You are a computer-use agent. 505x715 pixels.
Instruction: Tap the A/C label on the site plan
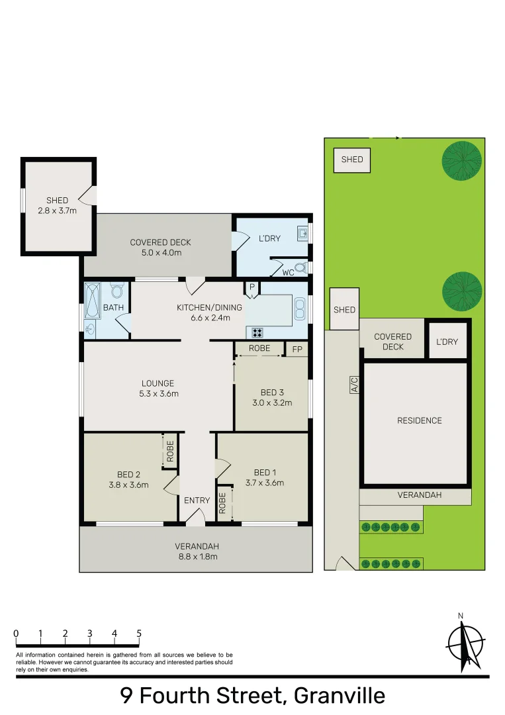click(x=354, y=384)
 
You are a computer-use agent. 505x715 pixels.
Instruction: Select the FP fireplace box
click(x=297, y=348)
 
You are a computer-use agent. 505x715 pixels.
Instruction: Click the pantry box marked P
click(x=252, y=287)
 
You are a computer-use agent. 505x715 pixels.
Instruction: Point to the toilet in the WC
click(x=301, y=268)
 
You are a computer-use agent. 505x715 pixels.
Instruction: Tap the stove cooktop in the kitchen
click(x=257, y=333)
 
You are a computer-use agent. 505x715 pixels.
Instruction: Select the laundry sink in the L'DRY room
click(x=302, y=233)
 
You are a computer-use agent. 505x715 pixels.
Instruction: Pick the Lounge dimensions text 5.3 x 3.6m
click(x=158, y=393)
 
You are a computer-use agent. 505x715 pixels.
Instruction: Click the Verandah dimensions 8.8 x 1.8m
click(x=197, y=557)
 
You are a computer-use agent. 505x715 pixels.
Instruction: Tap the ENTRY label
click(x=197, y=501)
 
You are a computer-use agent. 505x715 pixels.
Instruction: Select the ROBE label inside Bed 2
click(x=170, y=452)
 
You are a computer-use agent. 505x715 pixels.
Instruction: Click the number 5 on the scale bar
click(x=139, y=634)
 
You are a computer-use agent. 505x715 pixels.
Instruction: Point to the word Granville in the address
click(x=339, y=696)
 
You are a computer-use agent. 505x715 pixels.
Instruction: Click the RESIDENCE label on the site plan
click(x=419, y=420)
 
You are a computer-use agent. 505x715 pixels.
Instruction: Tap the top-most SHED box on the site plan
click(x=352, y=160)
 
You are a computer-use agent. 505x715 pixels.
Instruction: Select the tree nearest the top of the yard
click(x=461, y=161)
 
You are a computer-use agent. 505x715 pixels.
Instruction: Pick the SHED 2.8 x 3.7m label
click(x=57, y=205)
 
